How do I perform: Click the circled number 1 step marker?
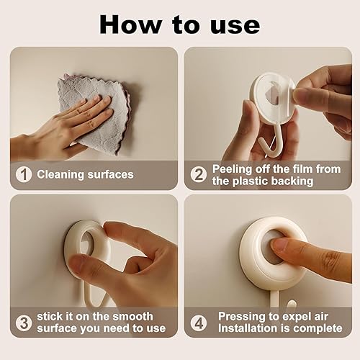(24, 174)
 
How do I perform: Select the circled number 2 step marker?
(198, 174)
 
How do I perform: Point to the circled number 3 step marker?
(24, 322)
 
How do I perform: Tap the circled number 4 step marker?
(198, 322)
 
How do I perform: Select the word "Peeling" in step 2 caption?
(233, 168)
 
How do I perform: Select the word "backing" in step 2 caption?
(290, 181)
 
